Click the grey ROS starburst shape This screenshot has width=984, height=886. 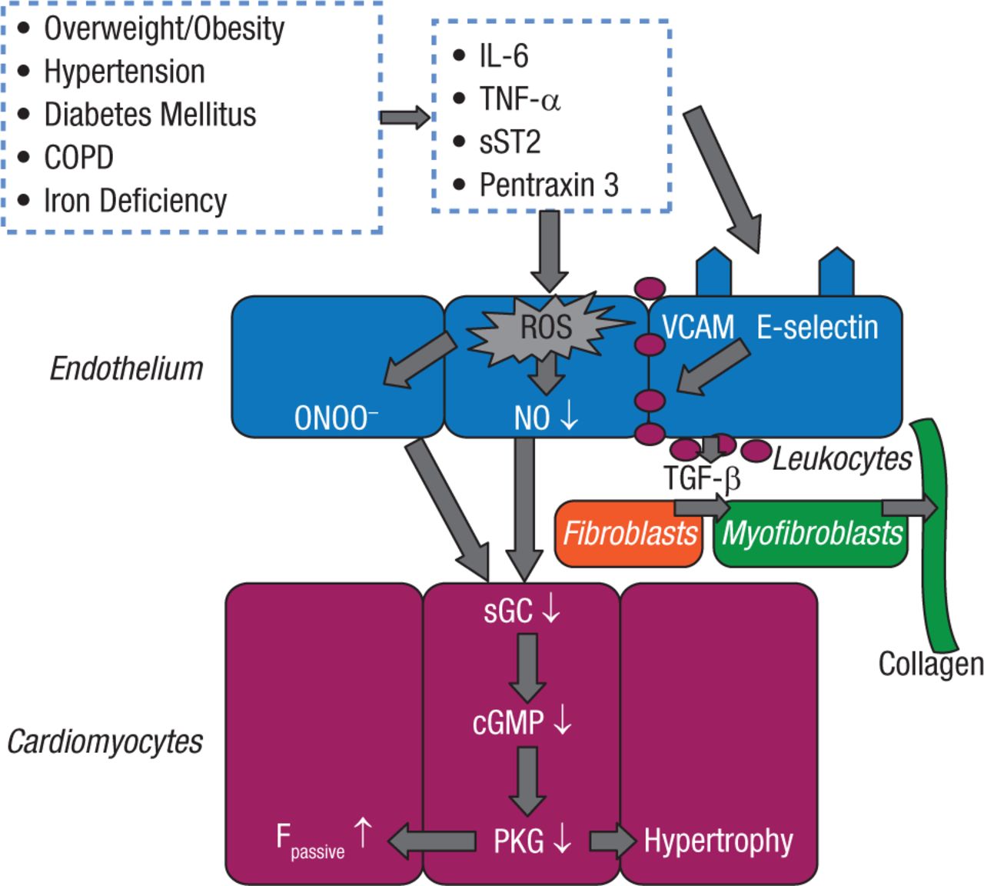coord(547,328)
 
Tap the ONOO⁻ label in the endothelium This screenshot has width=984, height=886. coord(336,418)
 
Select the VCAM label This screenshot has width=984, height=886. coord(698,327)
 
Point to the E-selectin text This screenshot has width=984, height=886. coord(817,327)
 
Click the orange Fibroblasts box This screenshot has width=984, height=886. coord(629,533)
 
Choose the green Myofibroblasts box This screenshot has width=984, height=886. coord(812,533)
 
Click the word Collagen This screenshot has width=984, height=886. coord(930,663)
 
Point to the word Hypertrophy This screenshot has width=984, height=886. coord(718,841)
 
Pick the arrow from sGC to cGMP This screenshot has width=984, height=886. coord(527,666)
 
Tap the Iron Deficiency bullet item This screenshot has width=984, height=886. coord(135,201)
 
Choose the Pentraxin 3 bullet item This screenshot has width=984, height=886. coord(548,185)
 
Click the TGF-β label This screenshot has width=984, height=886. coord(702,478)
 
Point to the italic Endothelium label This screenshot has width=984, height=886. coord(126,369)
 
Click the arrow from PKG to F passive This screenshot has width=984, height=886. coord(430,841)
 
